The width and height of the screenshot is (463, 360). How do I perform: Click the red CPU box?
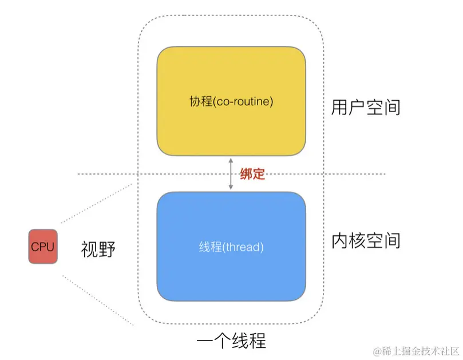[x=43, y=247]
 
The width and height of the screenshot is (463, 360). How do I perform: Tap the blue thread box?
[x=231, y=246]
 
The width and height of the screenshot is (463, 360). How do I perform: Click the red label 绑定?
[x=252, y=174]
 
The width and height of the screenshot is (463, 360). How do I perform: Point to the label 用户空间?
[x=365, y=106]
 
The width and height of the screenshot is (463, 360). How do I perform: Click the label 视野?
[x=98, y=249]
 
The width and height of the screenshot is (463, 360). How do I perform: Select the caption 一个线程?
[x=231, y=341]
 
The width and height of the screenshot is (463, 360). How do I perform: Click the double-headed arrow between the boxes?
[x=231, y=174]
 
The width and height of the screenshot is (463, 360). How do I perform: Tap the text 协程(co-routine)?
[x=231, y=102]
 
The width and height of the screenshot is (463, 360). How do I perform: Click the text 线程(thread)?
[x=231, y=247]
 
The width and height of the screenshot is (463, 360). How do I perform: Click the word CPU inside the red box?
[x=43, y=247]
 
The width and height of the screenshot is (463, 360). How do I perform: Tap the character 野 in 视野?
[x=107, y=249]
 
